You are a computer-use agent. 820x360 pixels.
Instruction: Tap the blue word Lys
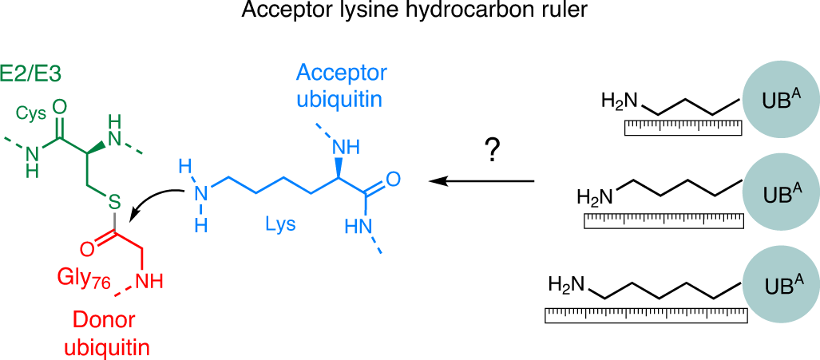click(280, 224)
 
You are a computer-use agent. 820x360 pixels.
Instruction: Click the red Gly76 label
click(84, 277)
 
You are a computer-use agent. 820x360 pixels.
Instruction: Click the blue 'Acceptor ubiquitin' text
click(341, 85)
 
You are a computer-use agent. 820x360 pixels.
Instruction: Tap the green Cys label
click(31, 113)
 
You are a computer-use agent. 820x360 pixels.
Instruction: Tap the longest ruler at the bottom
click(646, 315)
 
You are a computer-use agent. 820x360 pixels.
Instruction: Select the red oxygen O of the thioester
click(87, 247)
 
